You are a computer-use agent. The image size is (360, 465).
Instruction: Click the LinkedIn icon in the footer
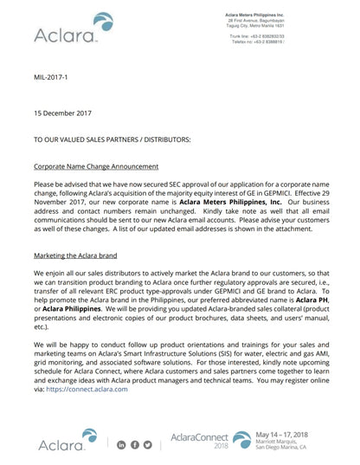121,445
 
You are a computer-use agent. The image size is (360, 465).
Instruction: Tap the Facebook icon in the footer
135,445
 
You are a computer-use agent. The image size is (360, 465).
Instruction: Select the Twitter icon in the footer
148,445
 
